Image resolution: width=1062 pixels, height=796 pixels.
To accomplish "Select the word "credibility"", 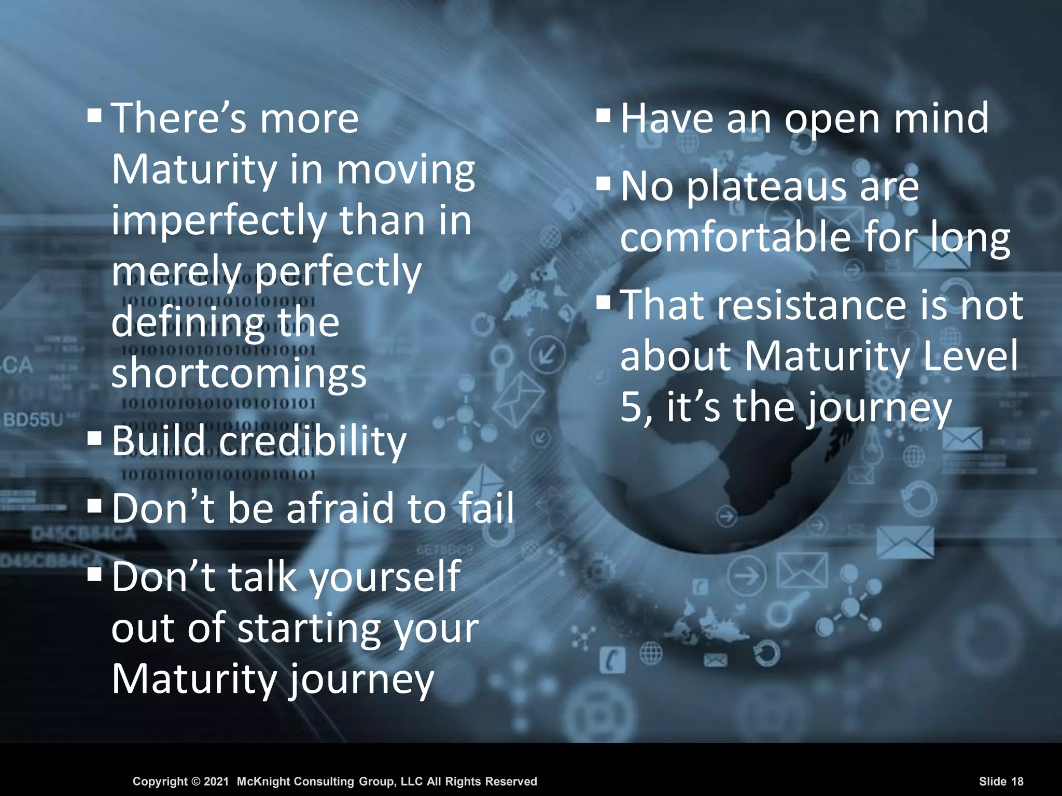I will (313, 442).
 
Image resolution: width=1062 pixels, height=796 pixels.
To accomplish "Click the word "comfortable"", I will (735, 238).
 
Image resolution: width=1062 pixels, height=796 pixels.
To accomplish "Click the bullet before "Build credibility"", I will (95, 438).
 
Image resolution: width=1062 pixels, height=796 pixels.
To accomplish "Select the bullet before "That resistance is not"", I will (604, 302).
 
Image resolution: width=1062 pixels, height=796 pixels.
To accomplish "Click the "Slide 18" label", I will (1001, 781).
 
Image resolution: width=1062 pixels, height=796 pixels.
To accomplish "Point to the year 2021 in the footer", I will (216, 781).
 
